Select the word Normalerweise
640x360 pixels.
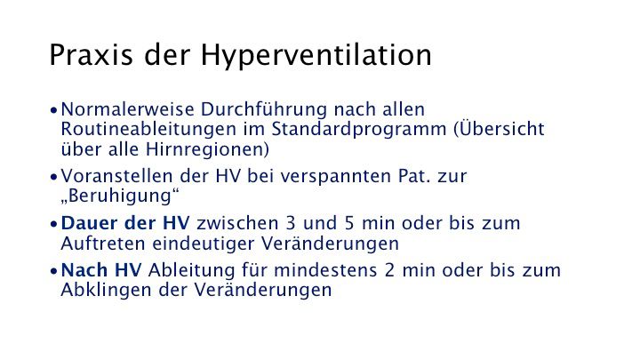point(120,110)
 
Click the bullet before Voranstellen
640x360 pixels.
point(55,176)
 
